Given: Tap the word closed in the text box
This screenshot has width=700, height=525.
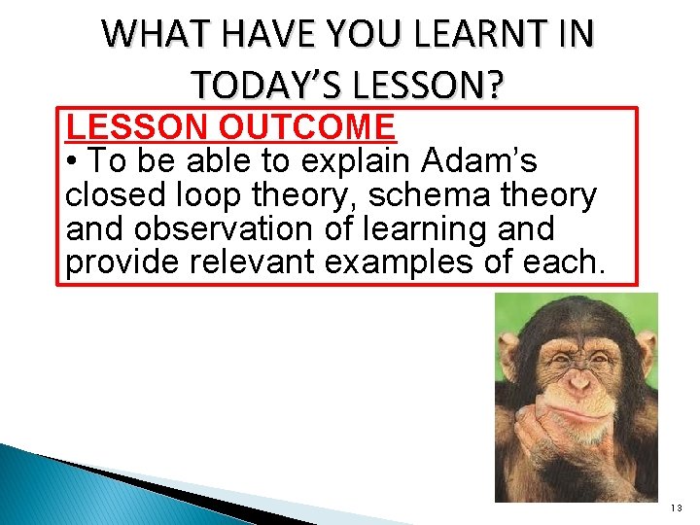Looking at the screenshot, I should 113,195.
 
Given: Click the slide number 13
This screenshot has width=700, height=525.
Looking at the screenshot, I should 677,508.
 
